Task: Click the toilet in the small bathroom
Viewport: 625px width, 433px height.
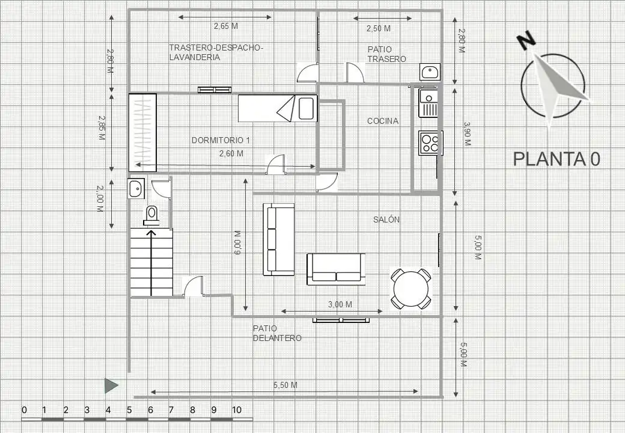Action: click(x=151, y=216)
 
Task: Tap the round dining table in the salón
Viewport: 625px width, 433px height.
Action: click(x=410, y=288)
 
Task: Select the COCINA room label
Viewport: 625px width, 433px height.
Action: click(x=383, y=121)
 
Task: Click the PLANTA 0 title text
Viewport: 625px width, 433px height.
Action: click(x=556, y=159)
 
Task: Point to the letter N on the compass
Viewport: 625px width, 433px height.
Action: click(x=526, y=40)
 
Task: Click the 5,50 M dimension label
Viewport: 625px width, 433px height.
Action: click(x=285, y=385)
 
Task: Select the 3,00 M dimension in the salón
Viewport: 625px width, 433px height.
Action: click(x=340, y=305)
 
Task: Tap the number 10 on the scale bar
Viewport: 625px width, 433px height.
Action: click(x=236, y=410)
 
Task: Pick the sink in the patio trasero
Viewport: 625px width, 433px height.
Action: click(x=430, y=72)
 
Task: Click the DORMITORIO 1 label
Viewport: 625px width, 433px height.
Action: click(x=221, y=140)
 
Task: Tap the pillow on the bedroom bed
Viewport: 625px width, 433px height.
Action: click(x=306, y=108)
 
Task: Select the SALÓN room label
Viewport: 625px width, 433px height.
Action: click(x=386, y=220)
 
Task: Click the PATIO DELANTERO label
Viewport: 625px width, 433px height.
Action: click(x=277, y=333)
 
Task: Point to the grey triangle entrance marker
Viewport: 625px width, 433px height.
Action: click(x=111, y=385)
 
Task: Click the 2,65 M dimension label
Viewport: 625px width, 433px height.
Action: click(x=225, y=26)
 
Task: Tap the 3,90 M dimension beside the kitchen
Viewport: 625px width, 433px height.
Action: click(x=467, y=134)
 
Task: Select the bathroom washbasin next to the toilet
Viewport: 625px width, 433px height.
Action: click(x=136, y=188)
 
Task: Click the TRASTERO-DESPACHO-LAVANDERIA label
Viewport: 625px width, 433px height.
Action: click(x=216, y=52)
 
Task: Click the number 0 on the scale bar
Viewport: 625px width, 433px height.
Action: click(x=24, y=410)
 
